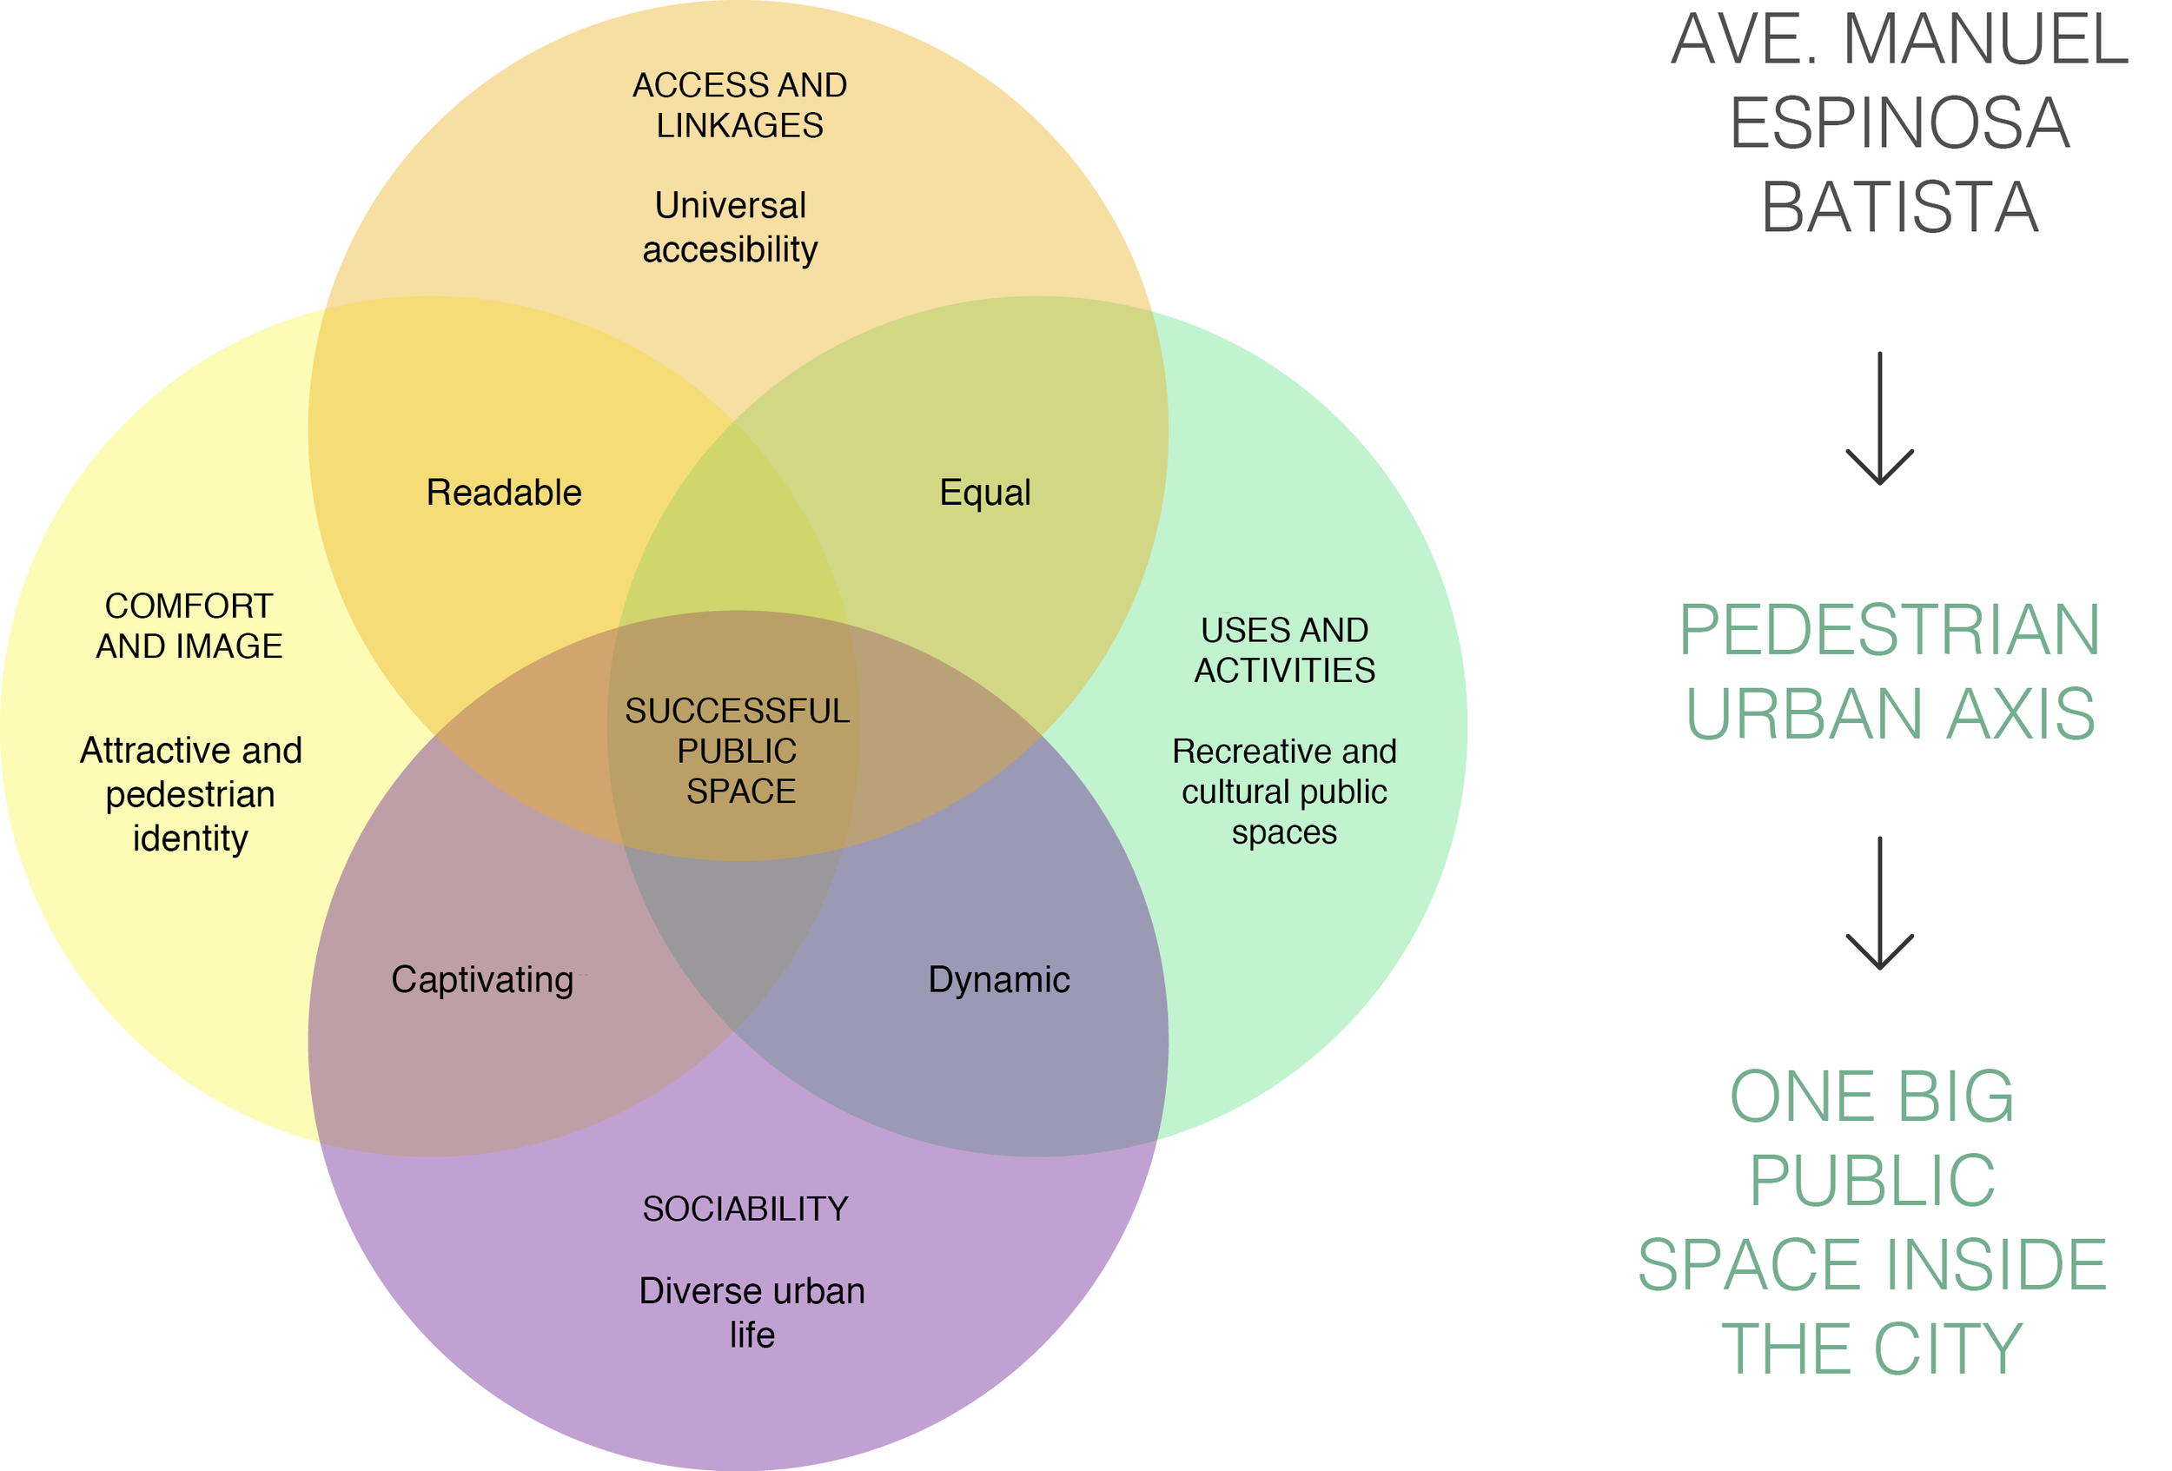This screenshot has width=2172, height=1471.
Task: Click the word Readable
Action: point(504,493)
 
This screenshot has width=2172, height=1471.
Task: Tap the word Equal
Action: point(985,493)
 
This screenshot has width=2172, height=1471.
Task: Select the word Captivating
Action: point(482,979)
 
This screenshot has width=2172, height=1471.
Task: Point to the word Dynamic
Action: point(998,979)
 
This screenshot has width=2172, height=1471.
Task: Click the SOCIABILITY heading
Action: point(745,1209)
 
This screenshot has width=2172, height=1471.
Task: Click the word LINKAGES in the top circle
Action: point(739,125)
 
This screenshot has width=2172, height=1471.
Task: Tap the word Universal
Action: point(730,206)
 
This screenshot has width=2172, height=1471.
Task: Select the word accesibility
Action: point(730,249)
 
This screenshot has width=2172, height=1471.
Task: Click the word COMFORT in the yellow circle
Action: point(189,606)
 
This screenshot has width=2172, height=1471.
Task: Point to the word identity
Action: point(190,838)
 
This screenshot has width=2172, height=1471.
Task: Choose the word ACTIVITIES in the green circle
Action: point(1284,670)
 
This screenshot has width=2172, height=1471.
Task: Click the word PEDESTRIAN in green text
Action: point(1889,630)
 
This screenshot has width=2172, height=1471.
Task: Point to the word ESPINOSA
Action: point(1899,123)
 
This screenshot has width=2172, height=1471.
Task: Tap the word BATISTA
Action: point(1899,207)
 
